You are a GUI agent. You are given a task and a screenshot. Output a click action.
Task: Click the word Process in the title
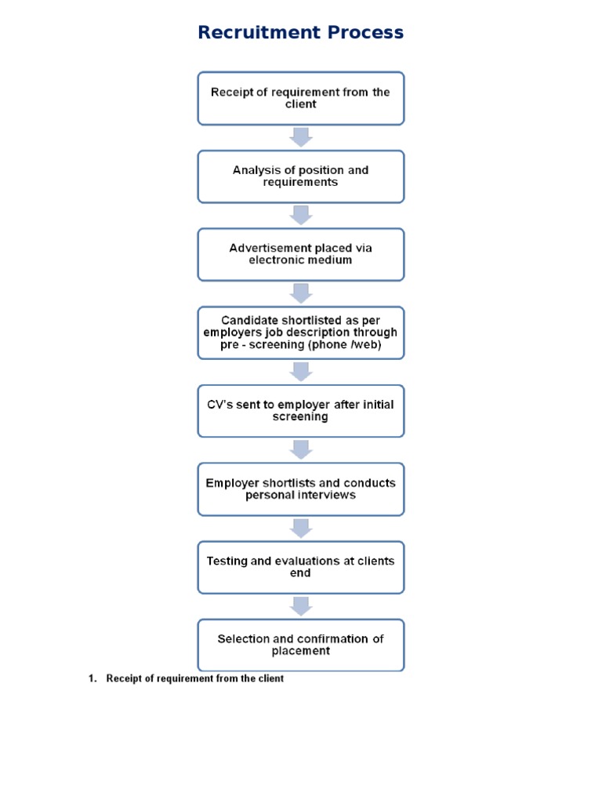pyautogui.click(x=365, y=33)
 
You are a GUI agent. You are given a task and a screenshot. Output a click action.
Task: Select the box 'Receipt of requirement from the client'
pyautogui.click(x=301, y=99)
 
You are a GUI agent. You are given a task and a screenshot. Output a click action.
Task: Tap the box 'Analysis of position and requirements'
pyautogui.click(x=301, y=176)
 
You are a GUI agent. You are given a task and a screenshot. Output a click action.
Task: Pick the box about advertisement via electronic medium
pyautogui.click(x=301, y=254)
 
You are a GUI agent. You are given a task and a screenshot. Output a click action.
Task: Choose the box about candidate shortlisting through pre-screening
pyautogui.click(x=301, y=332)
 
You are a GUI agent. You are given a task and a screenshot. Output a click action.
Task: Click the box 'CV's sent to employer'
pyautogui.click(x=301, y=411)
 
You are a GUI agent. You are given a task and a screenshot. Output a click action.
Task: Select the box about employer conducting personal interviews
pyautogui.click(x=301, y=489)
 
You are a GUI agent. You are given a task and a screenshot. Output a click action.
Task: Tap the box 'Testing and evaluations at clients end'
pyautogui.click(x=301, y=567)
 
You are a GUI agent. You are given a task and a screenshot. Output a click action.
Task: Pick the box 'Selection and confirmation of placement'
pyautogui.click(x=301, y=645)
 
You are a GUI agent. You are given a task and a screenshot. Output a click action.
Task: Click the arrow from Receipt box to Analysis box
pyautogui.click(x=301, y=137)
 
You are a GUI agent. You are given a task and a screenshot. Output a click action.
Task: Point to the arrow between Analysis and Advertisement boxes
pyautogui.click(x=301, y=216)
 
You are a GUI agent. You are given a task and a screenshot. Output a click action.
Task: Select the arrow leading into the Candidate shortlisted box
pyautogui.click(x=301, y=294)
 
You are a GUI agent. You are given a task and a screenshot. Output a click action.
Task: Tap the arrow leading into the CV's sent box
pyautogui.click(x=301, y=372)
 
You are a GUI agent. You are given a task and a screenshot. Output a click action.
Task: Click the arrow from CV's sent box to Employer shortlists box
pyautogui.click(x=301, y=450)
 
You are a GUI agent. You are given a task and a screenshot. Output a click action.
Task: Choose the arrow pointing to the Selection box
pyautogui.click(x=301, y=606)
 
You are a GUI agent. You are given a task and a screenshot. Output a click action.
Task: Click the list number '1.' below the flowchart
pyautogui.click(x=92, y=679)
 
